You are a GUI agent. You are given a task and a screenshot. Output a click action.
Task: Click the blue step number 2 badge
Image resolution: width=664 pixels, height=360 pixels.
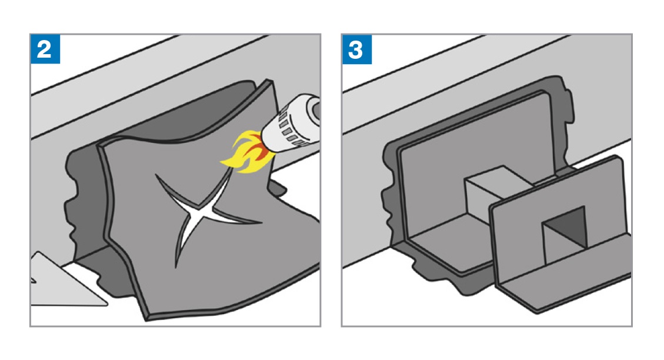45,49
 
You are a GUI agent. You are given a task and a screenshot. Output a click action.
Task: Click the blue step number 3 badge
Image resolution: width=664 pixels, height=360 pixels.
357,49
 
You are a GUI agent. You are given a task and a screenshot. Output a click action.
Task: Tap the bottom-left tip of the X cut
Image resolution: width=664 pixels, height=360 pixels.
176,267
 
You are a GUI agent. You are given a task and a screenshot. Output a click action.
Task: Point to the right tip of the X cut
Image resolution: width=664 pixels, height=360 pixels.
262,222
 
